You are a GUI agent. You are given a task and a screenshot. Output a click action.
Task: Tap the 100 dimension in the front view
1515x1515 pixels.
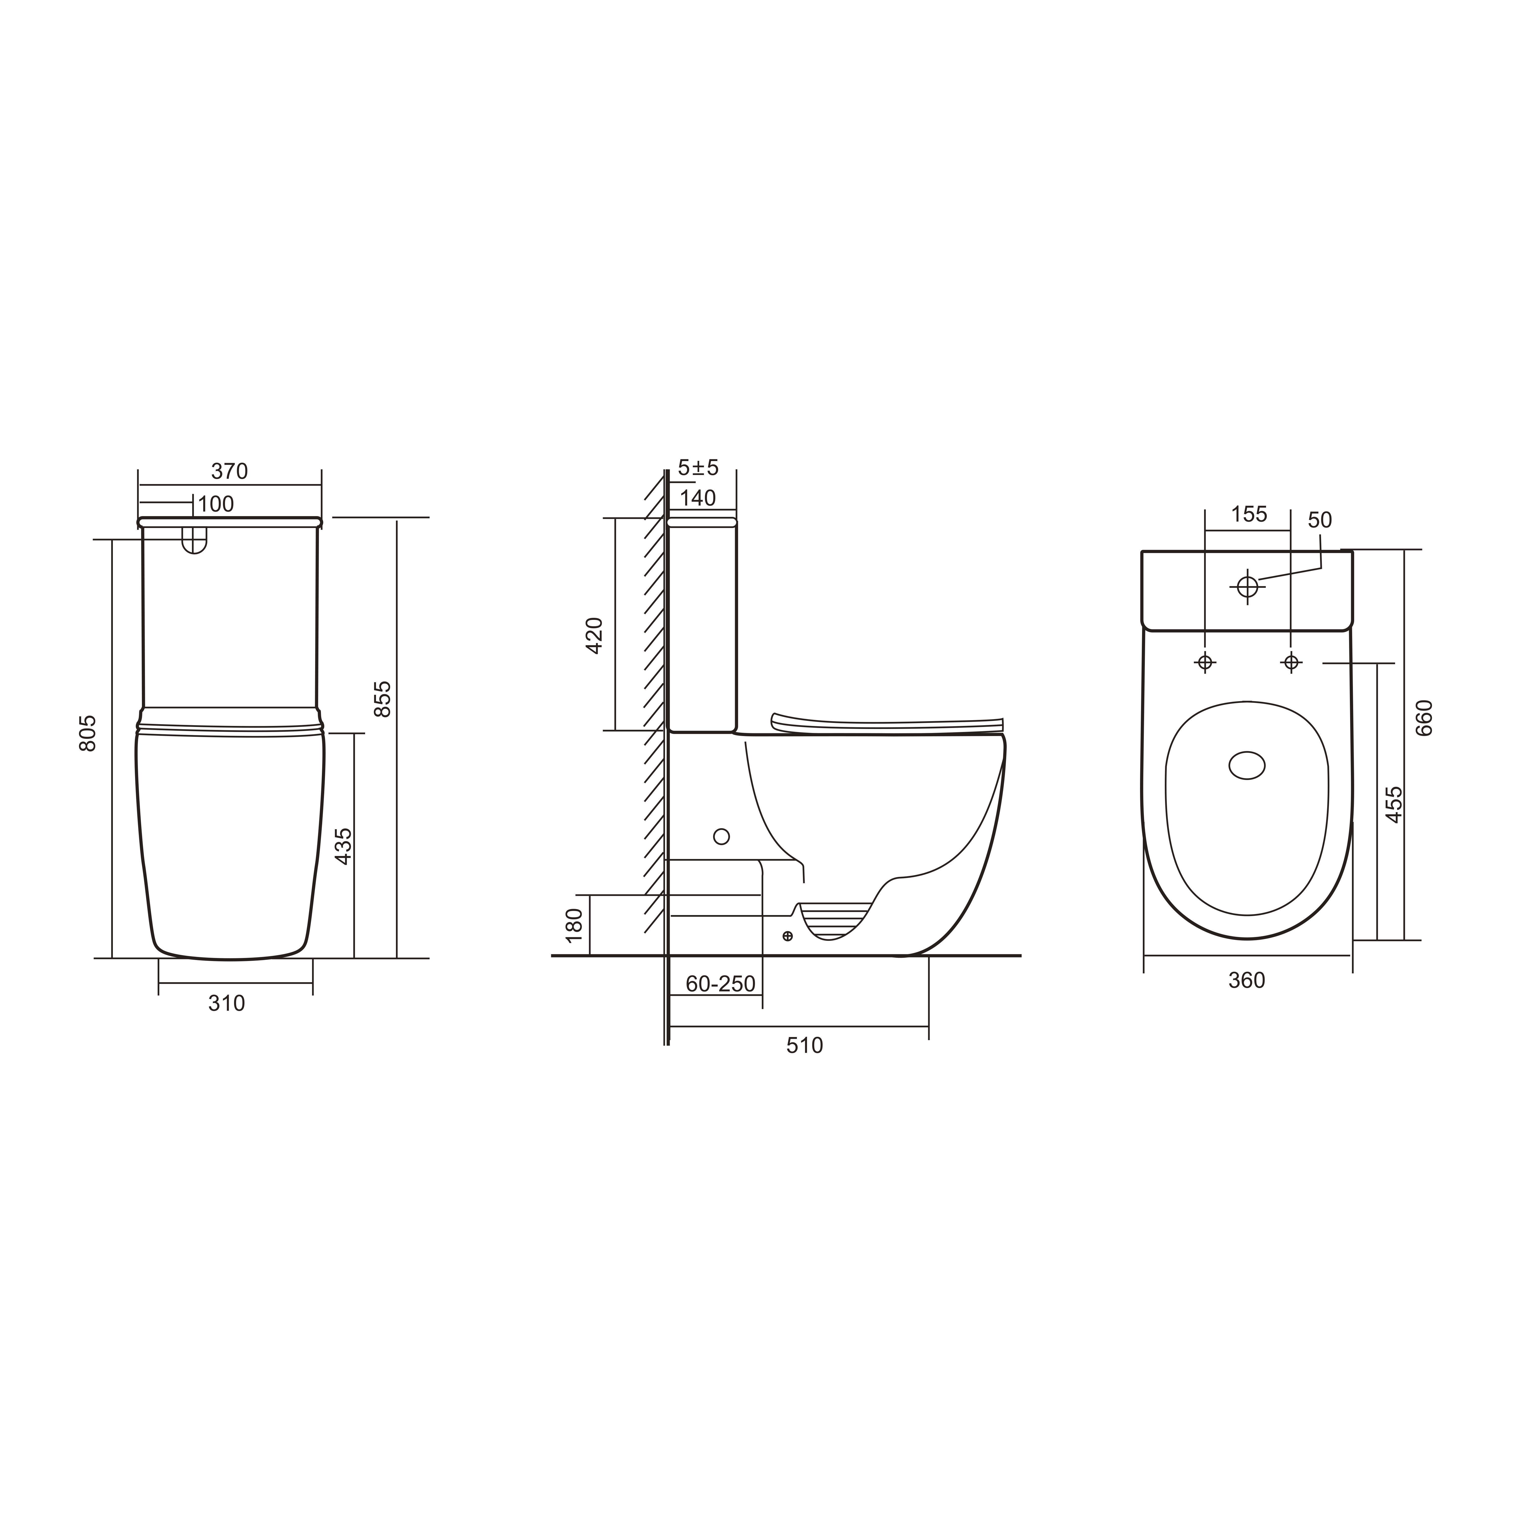(x=216, y=504)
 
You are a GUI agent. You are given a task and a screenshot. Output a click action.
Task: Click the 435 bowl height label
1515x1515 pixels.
(x=343, y=846)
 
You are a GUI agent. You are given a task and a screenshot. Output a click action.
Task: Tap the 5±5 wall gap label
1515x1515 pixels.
(x=698, y=468)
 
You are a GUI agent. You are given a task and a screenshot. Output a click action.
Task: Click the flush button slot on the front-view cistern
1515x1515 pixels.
(x=194, y=540)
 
